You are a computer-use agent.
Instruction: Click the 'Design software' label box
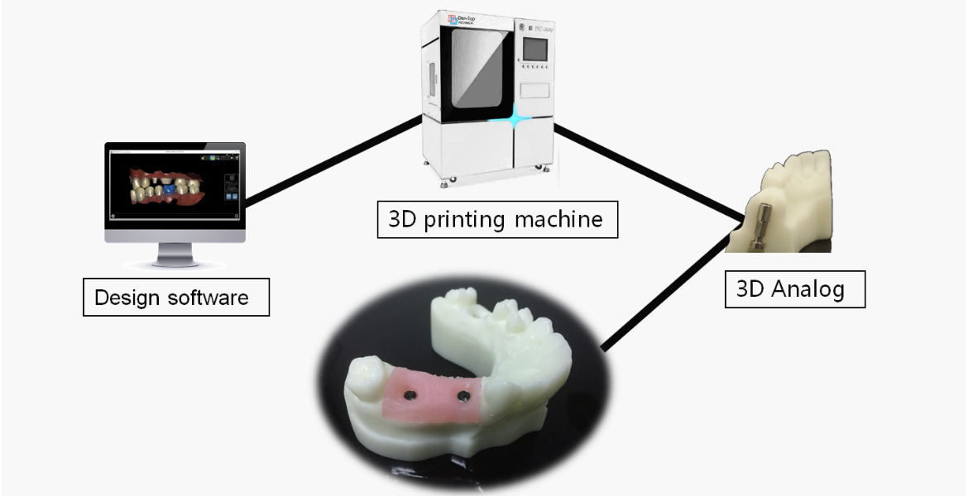pos(176,297)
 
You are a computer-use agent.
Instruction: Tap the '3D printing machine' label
pos(497,220)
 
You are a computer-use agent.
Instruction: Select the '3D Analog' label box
pos(794,290)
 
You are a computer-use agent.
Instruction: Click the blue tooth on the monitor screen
pos(168,189)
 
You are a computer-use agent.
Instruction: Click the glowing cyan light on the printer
pos(515,121)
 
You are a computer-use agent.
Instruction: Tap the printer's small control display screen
pos(536,49)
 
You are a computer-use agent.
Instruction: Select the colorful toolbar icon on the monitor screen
pos(213,155)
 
